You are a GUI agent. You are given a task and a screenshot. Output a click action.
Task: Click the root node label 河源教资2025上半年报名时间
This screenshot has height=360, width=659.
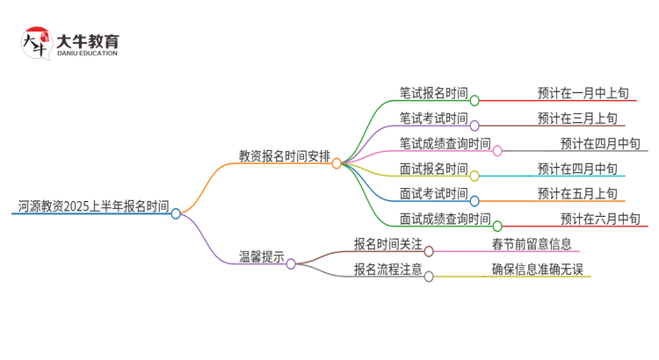[x=93, y=206]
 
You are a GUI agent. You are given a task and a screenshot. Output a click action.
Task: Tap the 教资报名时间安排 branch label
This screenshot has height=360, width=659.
[x=285, y=156]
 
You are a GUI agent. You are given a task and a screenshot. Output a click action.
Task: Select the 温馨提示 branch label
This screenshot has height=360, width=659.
[x=262, y=257]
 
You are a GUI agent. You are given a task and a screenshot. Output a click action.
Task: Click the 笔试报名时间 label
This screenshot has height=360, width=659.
[x=433, y=93]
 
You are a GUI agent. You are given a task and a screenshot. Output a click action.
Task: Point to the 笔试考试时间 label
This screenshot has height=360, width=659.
[x=433, y=119]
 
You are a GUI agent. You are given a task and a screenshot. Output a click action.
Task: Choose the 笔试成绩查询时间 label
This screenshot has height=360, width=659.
[x=445, y=143]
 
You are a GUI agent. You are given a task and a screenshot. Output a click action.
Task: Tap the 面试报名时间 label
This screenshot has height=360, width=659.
[x=433, y=169]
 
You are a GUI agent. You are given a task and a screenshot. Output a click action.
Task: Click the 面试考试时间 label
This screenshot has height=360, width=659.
[x=433, y=193]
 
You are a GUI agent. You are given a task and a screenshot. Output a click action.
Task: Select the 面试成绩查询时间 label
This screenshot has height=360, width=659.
[x=445, y=219]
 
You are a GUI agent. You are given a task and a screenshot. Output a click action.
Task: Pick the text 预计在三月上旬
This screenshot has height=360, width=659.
[x=577, y=119]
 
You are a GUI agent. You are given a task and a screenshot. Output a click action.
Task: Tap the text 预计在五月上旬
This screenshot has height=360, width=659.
[x=577, y=193]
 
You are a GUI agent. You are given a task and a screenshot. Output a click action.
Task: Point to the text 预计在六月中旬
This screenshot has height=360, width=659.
[x=600, y=219]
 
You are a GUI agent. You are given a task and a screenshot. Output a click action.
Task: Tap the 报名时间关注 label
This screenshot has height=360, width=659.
[x=387, y=244]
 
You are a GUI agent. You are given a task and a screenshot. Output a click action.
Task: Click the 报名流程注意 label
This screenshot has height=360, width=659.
[x=387, y=270]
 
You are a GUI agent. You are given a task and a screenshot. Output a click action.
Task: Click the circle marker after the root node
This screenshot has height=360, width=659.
[x=176, y=213]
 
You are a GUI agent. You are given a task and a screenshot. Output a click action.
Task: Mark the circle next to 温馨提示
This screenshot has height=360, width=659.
[x=291, y=263]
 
